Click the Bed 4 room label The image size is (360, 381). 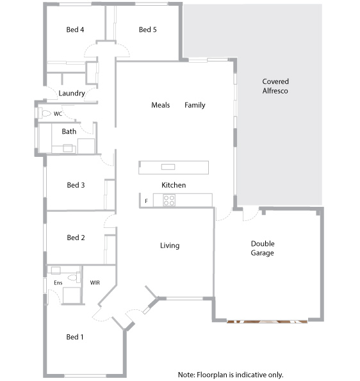[x=75, y=29]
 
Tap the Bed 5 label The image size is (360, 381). [x=147, y=29]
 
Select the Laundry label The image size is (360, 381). [x=72, y=93]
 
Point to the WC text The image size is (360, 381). [x=58, y=114]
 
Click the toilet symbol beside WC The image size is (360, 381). [x=44, y=113]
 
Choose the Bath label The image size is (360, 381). [x=69, y=132]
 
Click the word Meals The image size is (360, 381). [x=160, y=105]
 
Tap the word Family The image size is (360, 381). [x=195, y=105]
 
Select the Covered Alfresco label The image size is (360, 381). [x=275, y=86]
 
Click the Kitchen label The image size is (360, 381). [x=174, y=185]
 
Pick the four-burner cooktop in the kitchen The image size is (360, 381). [x=169, y=200]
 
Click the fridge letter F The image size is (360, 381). [x=147, y=201]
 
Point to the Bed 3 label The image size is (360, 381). [x=76, y=185]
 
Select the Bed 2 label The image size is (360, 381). [x=76, y=238]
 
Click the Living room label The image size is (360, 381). [x=170, y=245]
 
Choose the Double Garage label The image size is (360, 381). [x=262, y=248]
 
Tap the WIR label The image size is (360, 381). [x=95, y=282]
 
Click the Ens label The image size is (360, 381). [x=58, y=282]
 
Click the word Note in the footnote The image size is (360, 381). [x=186, y=375]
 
